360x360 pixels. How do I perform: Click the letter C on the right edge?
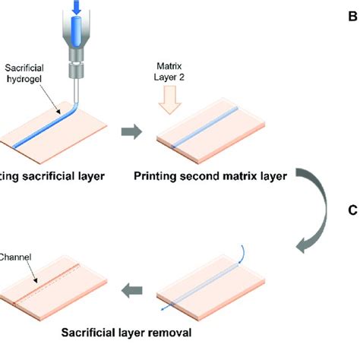click(352, 211)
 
